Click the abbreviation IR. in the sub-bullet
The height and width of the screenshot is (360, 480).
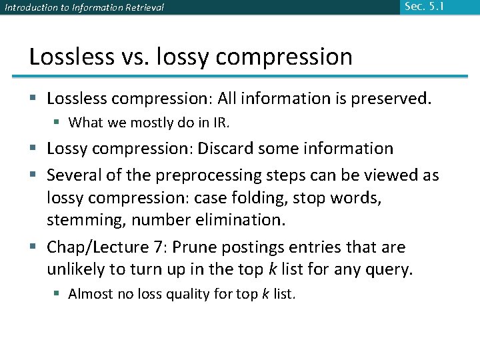[220, 123]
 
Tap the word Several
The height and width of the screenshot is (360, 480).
[74, 175]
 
